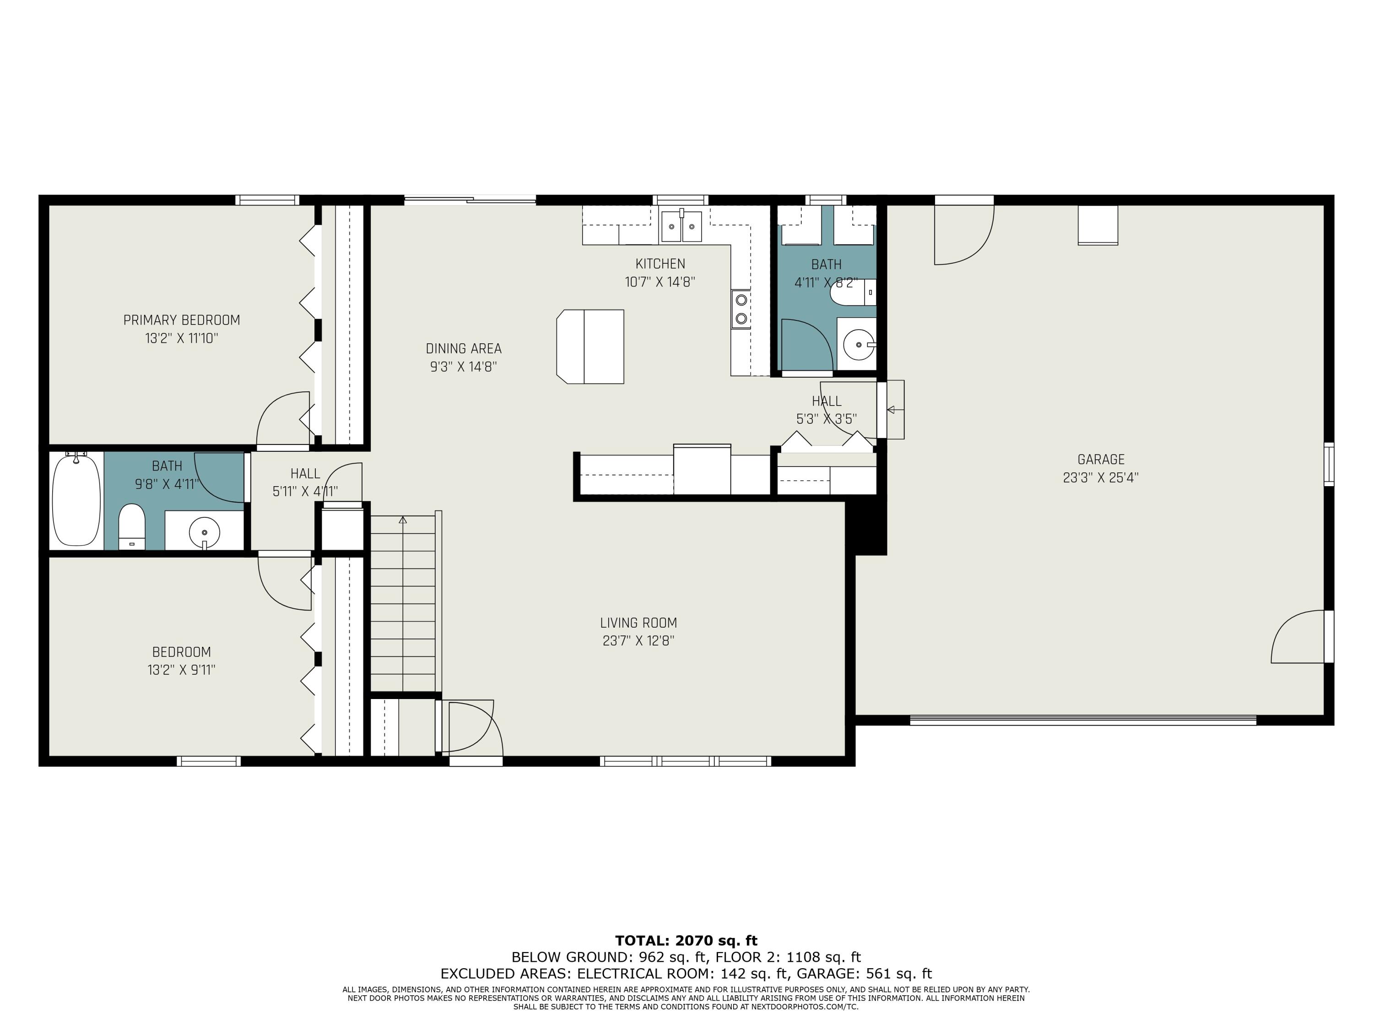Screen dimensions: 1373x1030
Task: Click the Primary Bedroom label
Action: (x=181, y=320)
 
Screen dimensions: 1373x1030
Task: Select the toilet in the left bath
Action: (x=132, y=526)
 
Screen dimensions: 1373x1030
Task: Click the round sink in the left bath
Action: (x=204, y=532)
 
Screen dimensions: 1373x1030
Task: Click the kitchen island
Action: (x=590, y=347)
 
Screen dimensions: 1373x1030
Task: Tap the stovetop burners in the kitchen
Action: (x=741, y=309)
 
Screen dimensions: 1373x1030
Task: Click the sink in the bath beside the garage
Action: (x=859, y=345)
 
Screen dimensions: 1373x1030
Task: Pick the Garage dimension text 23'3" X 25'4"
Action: (x=1101, y=477)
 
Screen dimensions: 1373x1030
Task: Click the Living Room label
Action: (x=638, y=623)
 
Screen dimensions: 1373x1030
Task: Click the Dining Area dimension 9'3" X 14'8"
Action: (x=464, y=366)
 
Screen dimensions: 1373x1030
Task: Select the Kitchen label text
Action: (x=660, y=264)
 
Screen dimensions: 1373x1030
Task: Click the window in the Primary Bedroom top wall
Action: (x=267, y=200)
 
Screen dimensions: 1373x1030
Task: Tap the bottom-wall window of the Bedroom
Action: (x=209, y=761)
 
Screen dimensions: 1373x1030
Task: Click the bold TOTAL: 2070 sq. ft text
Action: (x=686, y=941)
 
